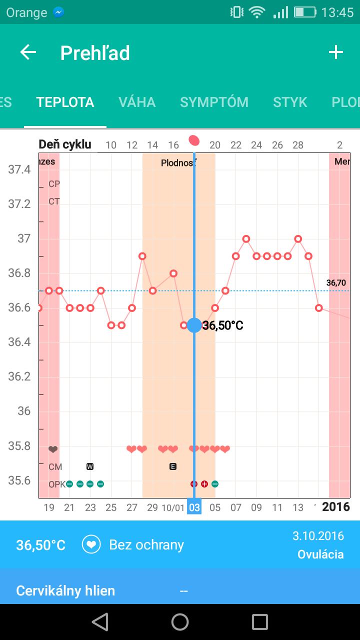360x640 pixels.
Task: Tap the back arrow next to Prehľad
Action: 28,52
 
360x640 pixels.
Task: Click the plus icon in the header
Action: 335,52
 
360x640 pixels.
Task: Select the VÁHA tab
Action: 137,102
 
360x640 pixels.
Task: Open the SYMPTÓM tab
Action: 214,102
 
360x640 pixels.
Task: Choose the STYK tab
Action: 290,102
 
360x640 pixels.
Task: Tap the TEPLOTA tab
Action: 65,102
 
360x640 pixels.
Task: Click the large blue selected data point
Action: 194,325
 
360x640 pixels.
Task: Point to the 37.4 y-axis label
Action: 19,169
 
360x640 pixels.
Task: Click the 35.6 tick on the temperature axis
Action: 19,480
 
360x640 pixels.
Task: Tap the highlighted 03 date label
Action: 194,507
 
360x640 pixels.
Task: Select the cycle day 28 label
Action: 298,145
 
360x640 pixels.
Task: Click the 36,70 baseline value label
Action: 336,283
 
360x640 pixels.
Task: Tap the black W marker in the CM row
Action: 90,466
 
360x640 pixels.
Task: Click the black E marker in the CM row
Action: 173,466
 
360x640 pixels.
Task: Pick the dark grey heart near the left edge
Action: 53,449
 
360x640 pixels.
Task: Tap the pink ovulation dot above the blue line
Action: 194,140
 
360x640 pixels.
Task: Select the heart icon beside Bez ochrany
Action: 91,544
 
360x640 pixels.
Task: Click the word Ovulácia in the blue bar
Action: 320,554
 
